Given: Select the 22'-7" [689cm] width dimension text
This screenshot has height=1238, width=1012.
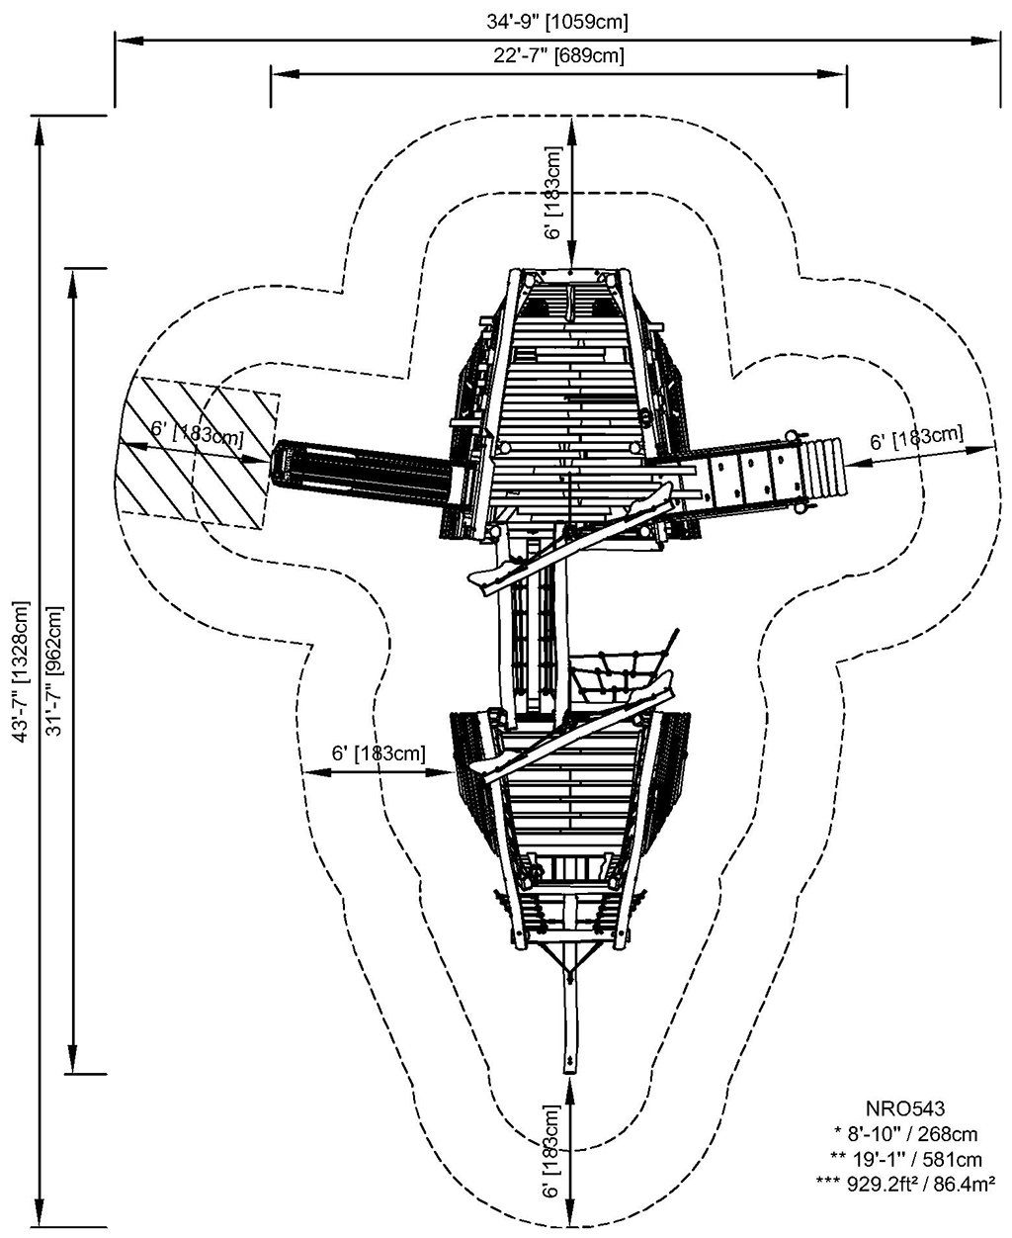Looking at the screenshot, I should [x=559, y=55].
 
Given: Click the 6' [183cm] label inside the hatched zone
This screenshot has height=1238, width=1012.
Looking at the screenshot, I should [x=198, y=431].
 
